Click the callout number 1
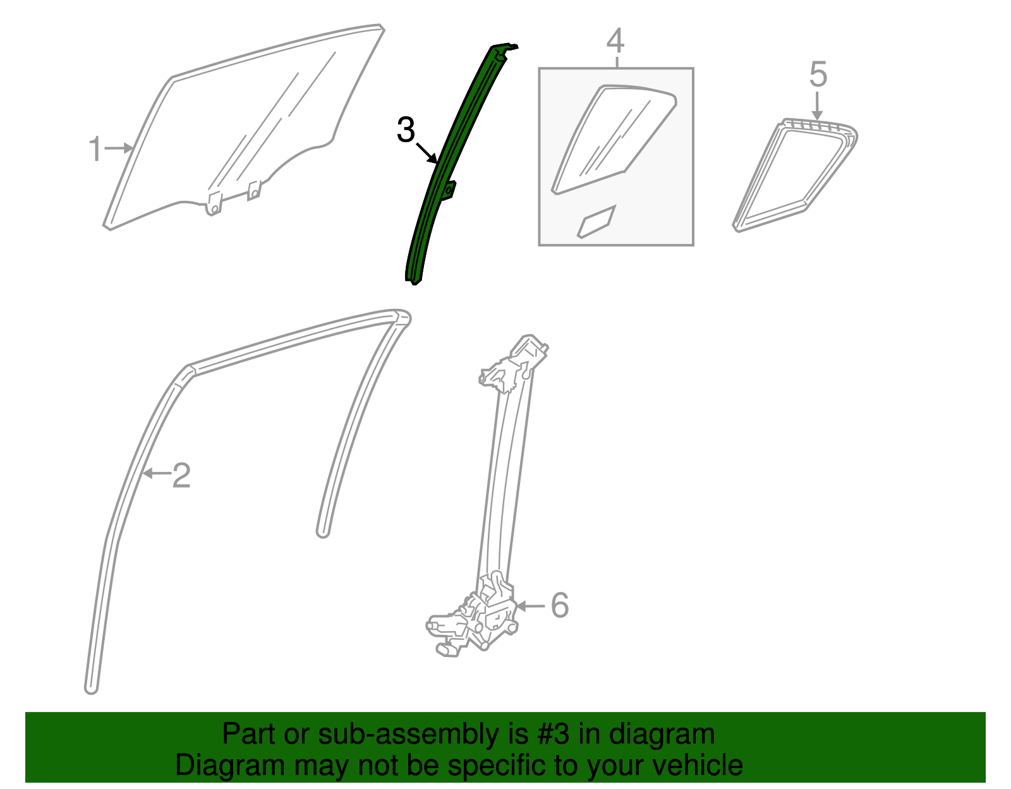(95, 150)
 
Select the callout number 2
(181, 475)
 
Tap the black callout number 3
(405, 130)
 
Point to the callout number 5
(818, 75)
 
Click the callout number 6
(560, 605)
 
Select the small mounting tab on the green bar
(449, 190)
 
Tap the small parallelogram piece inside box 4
(596, 222)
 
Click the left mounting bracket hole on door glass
(214, 208)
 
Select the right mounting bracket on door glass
(253, 190)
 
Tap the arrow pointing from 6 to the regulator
(531, 606)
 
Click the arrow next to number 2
(156, 473)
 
